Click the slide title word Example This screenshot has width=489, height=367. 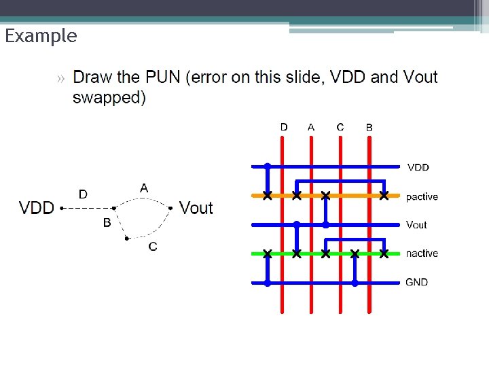(41, 36)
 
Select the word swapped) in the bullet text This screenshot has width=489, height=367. (109, 97)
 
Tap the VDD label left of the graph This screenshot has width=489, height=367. (37, 208)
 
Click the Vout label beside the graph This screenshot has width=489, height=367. (196, 208)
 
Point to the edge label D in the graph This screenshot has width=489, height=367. (83, 194)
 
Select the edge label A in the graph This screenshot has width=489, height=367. (144, 187)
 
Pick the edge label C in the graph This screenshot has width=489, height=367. (152, 246)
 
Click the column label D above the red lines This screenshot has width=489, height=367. (284, 126)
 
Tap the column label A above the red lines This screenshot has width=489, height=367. (311, 126)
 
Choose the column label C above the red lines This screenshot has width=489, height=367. (340, 126)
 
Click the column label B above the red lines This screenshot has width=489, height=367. (369, 127)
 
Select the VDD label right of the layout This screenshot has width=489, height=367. (418, 167)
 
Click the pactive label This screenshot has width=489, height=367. (422, 197)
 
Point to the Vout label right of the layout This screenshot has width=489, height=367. (416, 225)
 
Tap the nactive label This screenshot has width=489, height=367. (422, 254)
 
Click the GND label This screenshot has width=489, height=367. (417, 282)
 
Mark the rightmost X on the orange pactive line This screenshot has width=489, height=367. (384, 196)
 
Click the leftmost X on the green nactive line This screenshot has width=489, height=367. (268, 254)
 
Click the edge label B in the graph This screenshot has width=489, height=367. (107, 222)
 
